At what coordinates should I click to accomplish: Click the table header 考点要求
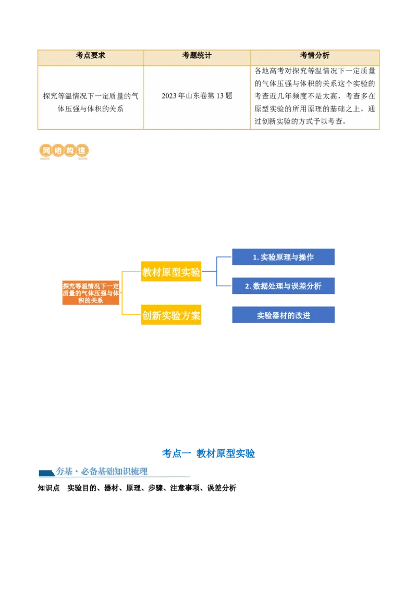tap(90, 55)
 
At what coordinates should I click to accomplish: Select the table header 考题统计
tap(197, 55)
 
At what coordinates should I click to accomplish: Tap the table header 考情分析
tap(314, 55)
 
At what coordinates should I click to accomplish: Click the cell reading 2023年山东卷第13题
tap(197, 96)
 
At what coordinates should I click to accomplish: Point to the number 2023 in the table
tap(169, 96)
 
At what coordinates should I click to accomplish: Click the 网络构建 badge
tap(63, 152)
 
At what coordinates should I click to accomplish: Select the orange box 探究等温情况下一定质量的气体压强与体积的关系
tap(91, 293)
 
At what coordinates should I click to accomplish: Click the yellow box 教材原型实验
tap(171, 272)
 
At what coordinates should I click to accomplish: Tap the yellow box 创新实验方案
tap(171, 315)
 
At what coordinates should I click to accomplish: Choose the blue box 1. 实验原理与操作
tap(283, 257)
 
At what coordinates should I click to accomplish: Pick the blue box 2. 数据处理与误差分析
tap(283, 286)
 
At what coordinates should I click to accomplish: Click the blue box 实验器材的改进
tap(283, 315)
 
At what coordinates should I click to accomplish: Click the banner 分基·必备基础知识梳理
tap(114, 472)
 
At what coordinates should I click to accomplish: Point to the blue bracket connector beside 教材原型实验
tap(215, 272)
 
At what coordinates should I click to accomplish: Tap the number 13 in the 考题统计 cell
tap(218, 96)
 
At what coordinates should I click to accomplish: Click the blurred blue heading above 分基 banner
tap(208, 453)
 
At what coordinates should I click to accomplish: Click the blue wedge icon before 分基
tap(46, 473)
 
